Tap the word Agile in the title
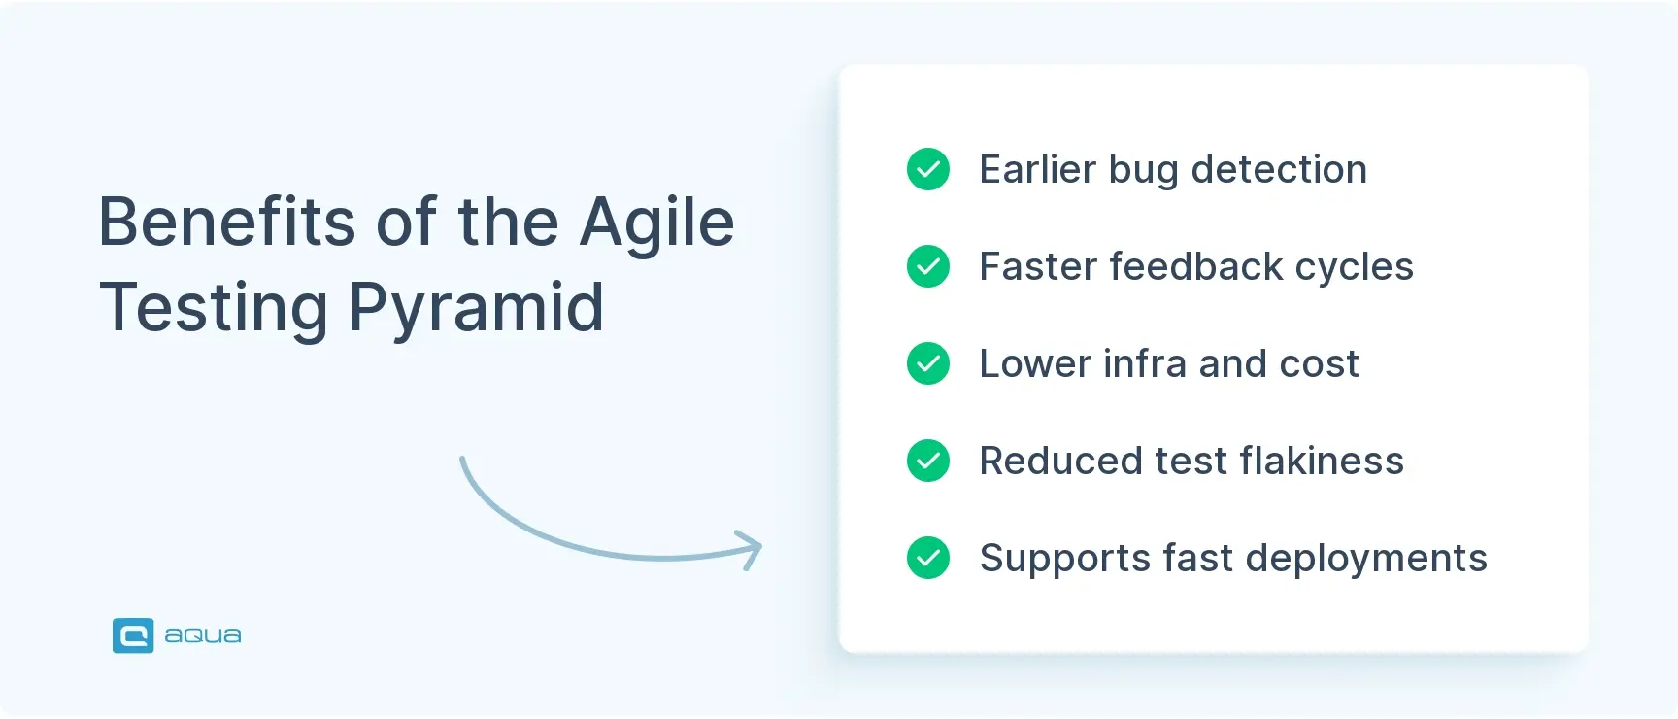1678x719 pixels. click(656, 223)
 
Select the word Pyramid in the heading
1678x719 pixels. click(476, 308)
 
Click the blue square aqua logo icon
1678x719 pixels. click(133, 635)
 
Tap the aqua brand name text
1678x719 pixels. click(203, 635)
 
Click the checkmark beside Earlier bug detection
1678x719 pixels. click(928, 169)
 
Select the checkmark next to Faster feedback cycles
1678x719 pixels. click(928, 266)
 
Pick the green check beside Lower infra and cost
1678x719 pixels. click(928, 363)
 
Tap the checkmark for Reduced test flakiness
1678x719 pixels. click(928, 461)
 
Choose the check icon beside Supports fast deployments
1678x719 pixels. click(928, 558)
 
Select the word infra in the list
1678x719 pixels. click(1145, 363)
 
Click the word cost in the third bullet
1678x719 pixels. click(1319, 364)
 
